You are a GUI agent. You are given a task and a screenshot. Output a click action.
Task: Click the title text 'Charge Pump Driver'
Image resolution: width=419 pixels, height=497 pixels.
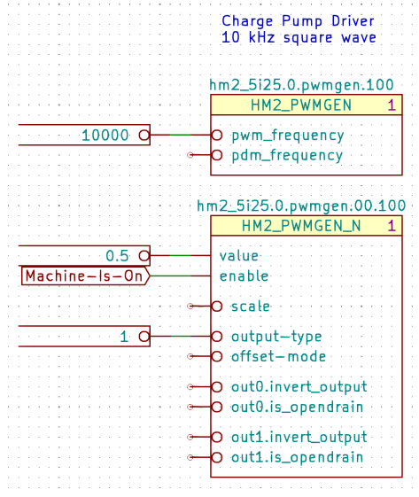[298, 21]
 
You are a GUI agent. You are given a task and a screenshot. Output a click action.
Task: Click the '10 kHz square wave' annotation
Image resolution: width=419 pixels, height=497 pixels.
[298, 37]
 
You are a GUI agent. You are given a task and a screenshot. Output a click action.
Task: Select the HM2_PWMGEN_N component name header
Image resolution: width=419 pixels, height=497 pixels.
[301, 226]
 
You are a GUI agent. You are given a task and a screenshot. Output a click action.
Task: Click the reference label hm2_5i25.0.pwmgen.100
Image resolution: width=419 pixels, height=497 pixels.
[301, 86]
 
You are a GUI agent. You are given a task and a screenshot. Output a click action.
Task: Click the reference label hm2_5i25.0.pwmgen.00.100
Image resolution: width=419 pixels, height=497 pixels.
[301, 206]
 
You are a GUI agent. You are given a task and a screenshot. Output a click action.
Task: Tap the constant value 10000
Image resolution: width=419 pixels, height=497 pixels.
[105, 136]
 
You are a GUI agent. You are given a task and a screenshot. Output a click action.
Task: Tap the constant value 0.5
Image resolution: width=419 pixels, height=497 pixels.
[117, 255]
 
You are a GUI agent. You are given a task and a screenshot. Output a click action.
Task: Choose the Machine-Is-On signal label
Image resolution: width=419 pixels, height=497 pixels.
[83, 276]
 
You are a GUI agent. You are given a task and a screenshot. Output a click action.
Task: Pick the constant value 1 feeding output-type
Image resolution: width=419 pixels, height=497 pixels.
[125, 337]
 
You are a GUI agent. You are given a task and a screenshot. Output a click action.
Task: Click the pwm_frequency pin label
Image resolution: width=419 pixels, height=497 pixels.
[287, 136]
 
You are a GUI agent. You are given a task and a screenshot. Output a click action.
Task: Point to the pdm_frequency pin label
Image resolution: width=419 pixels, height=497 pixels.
[287, 155]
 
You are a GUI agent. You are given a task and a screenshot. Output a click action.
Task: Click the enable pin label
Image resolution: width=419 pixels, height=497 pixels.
[250, 276]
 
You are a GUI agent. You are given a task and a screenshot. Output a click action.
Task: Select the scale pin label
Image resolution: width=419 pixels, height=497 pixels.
[251, 307]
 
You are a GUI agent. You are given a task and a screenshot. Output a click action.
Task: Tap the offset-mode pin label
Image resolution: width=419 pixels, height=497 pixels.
[278, 356]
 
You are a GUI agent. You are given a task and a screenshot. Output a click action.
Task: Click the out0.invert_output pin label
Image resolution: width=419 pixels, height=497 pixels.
[299, 386]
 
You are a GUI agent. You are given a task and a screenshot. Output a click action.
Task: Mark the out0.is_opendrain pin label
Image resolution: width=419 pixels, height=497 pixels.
[297, 407]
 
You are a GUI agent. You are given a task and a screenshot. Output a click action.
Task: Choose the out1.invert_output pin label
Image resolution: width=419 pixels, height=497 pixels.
[299, 437]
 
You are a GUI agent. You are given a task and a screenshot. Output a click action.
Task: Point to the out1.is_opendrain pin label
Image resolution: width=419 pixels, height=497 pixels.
[297, 457]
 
